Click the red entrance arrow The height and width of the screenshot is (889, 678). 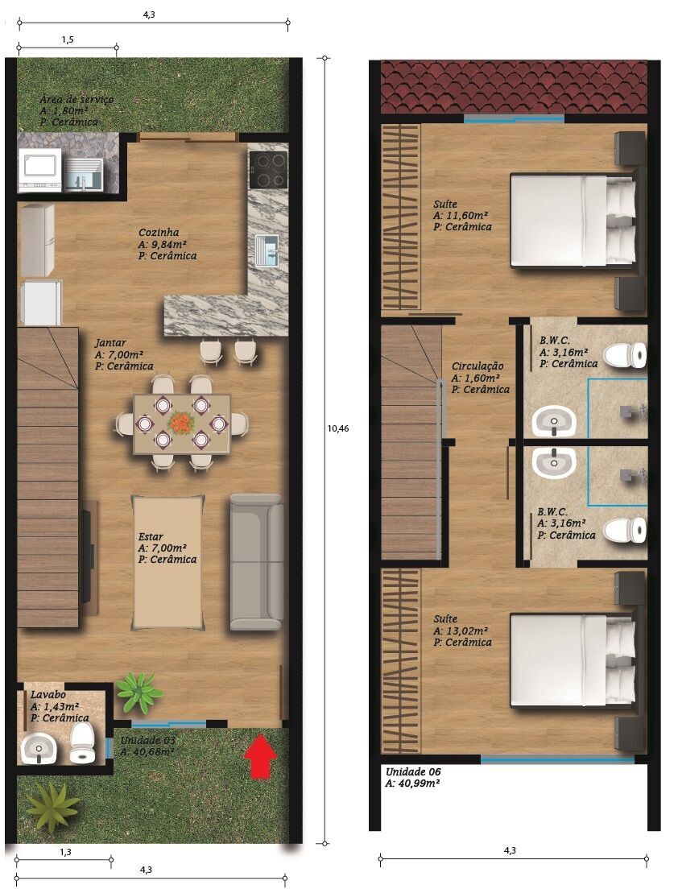coord(259,756)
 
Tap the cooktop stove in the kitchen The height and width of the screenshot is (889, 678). coord(268,169)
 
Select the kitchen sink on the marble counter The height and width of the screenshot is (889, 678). coord(267,249)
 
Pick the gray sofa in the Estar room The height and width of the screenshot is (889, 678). coord(256,561)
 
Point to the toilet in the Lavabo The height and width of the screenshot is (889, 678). coord(81,743)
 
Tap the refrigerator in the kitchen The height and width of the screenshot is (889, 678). coord(37,240)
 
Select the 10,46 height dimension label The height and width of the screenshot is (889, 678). coord(338,428)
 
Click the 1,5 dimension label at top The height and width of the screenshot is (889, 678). coord(67,39)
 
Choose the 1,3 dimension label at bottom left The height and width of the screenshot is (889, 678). coord(64,851)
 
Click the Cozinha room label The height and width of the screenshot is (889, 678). coord(159,232)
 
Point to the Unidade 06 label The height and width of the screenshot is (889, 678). coord(411,771)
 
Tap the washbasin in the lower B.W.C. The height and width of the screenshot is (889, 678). coord(554,461)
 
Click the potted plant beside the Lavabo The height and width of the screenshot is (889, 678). coord(139,692)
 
